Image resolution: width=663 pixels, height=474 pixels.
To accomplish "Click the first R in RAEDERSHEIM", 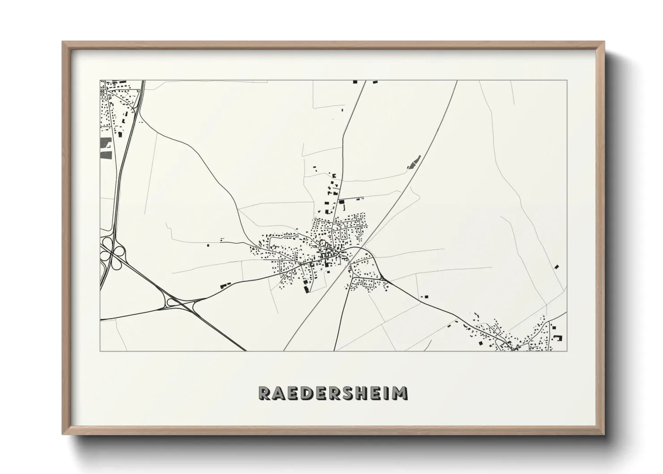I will pos(265,393).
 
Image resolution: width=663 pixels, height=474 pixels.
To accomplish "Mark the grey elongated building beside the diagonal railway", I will pos(414,162).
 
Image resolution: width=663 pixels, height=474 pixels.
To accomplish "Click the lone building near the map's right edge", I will pos(557,267).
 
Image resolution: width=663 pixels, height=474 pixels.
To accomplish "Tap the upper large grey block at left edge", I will pos(106,143).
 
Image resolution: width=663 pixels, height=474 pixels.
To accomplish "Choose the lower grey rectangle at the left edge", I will pos(106,155).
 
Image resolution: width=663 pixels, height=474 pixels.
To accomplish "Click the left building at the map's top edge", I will pos(355,82).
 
